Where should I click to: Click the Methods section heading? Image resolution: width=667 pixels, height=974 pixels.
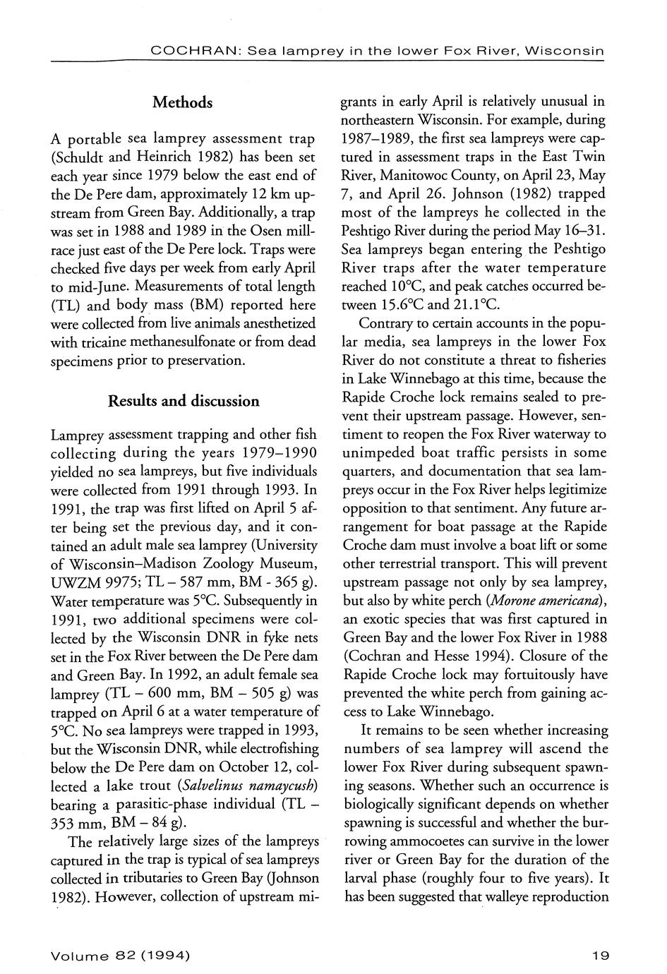[182, 103]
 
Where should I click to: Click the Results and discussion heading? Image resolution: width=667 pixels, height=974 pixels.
[183, 402]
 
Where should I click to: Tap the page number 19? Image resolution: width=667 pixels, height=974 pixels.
[601, 956]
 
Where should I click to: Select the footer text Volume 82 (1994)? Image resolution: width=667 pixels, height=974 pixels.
[120, 956]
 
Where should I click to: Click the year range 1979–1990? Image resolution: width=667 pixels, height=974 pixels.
[274, 452]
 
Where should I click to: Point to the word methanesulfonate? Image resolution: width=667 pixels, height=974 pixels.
[196, 342]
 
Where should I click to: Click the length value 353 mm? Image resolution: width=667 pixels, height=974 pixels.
[75, 822]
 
